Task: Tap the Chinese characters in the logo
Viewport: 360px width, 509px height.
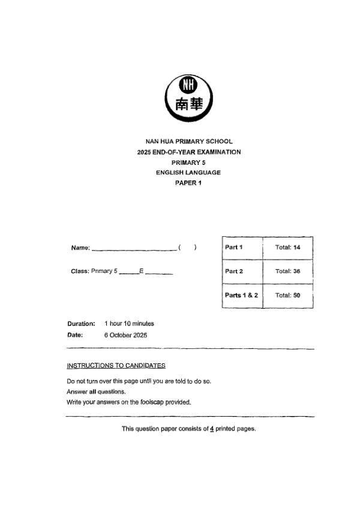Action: (188, 104)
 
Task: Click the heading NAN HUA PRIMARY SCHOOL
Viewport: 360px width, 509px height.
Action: (189, 141)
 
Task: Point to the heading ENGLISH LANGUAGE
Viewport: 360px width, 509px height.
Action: (188, 173)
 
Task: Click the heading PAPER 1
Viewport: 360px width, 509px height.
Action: (188, 183)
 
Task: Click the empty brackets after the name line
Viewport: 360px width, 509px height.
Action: (188, 248)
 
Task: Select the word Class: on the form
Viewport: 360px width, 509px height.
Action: (80, 272)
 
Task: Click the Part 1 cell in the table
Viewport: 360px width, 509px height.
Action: (234, 248)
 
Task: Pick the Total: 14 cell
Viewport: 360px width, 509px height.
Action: (287, 248)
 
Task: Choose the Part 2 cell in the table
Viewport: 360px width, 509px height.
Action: (234, 272)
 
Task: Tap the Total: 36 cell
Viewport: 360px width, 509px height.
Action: (287, 272)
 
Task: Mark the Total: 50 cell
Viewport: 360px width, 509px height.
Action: (287, 296)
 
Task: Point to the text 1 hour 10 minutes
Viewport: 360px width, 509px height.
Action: (129, 324)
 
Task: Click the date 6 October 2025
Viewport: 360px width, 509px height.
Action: (125, 335)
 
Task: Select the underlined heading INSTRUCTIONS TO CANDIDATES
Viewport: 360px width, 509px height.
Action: (116, 366)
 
